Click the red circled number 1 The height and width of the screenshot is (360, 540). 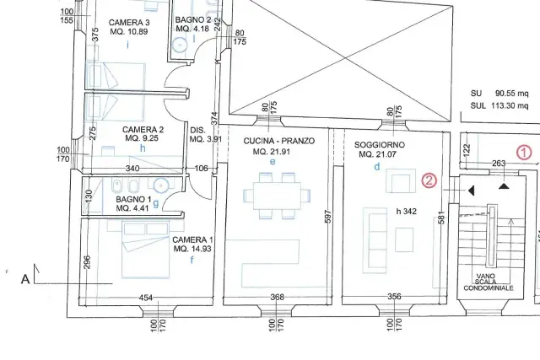pos(524,153)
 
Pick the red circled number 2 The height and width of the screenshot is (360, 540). pos(429,180)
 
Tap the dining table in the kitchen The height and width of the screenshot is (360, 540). pos(277,196)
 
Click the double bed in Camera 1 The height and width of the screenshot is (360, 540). pos(146,249)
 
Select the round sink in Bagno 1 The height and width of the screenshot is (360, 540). pos(161,185)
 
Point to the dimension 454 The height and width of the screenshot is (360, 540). pos(146,298)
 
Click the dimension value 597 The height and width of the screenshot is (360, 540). pos(328,217)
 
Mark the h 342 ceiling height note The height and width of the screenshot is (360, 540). pos(407,212)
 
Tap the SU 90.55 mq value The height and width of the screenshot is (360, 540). pos(499,94)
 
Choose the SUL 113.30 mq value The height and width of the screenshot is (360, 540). pos(499,105)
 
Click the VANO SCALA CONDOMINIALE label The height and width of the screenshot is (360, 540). pos(489,282)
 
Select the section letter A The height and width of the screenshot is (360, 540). pos(25,279)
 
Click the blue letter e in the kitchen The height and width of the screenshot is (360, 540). pos(273,161)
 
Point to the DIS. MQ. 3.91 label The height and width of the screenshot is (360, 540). pos(206,135)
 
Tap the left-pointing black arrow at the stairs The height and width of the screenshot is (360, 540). pos(471,191)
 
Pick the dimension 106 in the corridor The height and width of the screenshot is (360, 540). pos(202,169)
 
